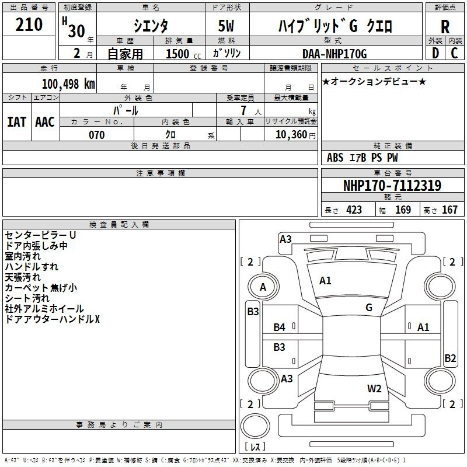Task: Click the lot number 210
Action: click(29, 25)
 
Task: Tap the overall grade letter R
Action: click(445, 27)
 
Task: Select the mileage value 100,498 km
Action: click(68, 83)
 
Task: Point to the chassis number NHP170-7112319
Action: click(392, 186)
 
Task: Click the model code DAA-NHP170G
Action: click(334, 54)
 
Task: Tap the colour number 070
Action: click(96, 135)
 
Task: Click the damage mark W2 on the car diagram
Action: click(374, 388)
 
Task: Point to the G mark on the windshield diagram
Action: click(369, 308)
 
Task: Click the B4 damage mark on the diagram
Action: click(280, 327)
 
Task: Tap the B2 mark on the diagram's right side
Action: click(450, 358)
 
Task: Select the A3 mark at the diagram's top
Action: click(285, 239)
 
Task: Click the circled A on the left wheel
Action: click(263, 287)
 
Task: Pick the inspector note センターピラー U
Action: click(40, 235)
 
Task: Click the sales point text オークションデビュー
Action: click(374, 81)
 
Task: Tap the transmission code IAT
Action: click(16, 121)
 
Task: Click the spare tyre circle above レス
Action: click(255, 426)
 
